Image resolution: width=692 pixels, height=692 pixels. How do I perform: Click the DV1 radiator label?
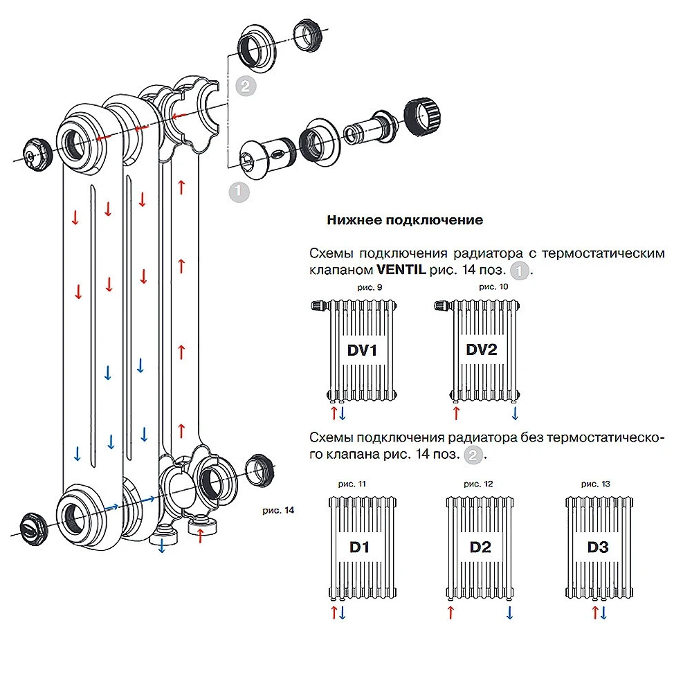click(362, 350)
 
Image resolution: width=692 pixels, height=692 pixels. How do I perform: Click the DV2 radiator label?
click(482, 350)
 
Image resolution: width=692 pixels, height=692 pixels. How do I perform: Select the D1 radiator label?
click(360, 547)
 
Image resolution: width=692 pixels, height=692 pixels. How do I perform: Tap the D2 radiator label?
click(480, 547)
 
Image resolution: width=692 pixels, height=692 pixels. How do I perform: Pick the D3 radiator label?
click(598, 547)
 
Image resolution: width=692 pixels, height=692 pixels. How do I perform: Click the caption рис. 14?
click(279, 510)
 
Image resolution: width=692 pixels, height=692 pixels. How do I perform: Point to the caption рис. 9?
click(363, 286)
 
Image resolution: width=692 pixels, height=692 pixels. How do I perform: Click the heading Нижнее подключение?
click(405, 220)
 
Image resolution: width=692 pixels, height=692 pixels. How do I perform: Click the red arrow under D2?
click(451, 612)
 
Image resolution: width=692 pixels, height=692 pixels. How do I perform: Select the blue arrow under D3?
click(603, 612)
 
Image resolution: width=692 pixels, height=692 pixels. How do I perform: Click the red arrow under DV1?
click(334, 413)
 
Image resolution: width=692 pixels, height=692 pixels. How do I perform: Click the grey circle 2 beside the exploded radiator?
click(244, 86)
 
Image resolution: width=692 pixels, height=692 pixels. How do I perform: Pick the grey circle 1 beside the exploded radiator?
click(239, 192)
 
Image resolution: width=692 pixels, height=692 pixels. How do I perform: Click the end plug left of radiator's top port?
click(34, 150)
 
